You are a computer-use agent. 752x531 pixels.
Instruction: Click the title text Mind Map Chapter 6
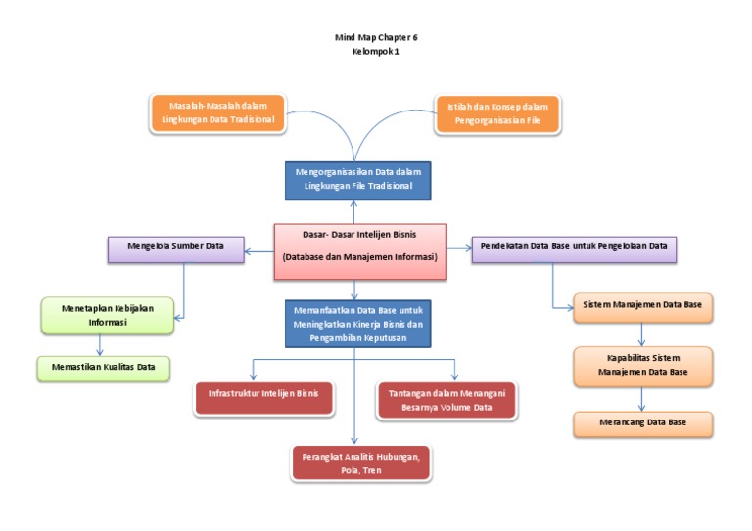click(x=375, y=37)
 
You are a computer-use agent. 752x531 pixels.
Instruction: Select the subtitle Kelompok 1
click(x=375, y=51)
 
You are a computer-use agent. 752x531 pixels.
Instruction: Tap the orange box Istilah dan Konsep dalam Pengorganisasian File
click(x=497, y=112)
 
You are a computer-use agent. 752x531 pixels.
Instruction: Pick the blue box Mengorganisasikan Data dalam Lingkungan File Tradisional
click(x=357, y=178)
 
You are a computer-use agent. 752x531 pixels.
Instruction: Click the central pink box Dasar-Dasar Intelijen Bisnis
click(x=359, y=245)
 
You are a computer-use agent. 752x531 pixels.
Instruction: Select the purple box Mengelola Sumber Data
click(x=174, y=247)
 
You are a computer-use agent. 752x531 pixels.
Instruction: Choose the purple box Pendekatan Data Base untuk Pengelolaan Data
click(x=574, y=247)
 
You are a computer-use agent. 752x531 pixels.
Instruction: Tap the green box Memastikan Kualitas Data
click(x=97, y=368)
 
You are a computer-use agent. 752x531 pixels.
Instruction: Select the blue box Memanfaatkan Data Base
click(x=357, y=324)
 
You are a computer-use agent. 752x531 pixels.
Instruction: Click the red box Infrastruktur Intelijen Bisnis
click(x=263, y=396)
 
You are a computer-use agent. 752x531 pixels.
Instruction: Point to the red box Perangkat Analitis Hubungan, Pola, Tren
click(x=361, y=463)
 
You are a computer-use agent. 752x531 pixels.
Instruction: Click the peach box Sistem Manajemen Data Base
click(x=642, y=306)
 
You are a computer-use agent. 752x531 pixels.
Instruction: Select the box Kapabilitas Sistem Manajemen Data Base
click(x=642, y=364)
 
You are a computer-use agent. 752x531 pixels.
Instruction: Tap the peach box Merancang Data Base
click(x=642, y=422)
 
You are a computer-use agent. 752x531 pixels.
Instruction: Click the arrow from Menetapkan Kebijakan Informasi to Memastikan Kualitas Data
click(x=99, y=345)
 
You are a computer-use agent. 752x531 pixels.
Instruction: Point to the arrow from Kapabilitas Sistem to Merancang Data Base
click(x=642, y=398)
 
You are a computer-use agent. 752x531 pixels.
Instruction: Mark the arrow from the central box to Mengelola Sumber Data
click(x=258, y=252)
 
